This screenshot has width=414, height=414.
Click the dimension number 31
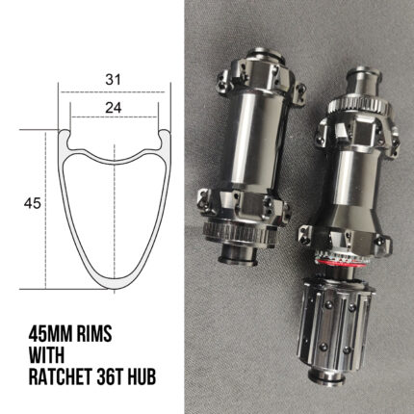114,79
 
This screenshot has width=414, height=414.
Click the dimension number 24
114,108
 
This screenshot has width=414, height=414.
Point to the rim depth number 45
33,203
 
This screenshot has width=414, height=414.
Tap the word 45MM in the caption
50,334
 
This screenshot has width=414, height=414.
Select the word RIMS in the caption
94,334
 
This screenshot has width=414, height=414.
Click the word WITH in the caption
46,355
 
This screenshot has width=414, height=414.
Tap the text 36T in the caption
105,376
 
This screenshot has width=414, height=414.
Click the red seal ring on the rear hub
336,261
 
